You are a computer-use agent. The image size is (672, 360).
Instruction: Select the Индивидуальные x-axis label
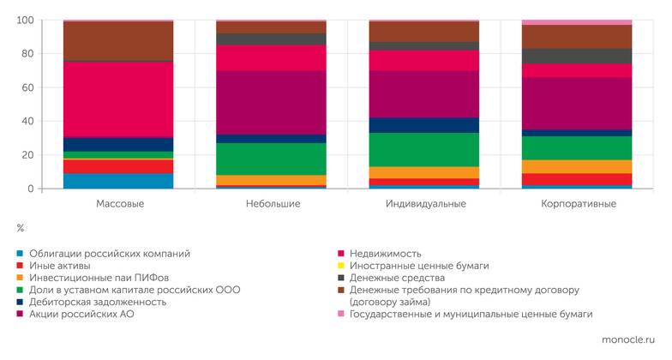point(425,204)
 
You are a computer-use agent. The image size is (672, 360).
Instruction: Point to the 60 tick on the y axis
point(26,87)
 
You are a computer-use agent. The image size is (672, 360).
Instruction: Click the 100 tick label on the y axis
point(24,20)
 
